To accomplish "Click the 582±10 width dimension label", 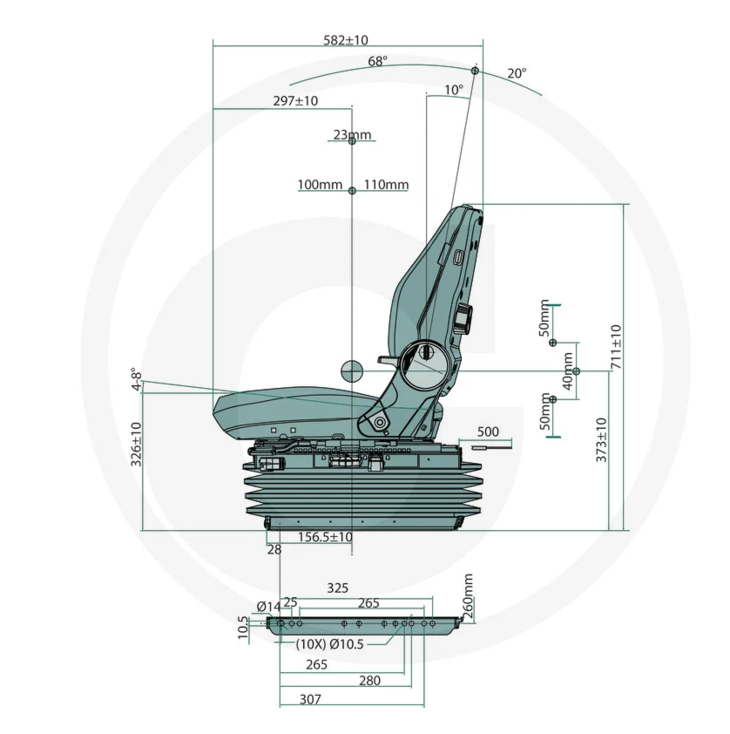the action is (x=346, y=40).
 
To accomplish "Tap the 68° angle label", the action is (x=377, y=61).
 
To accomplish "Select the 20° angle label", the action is (x=517, y=73).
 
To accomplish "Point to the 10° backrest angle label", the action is (x=454, y=90).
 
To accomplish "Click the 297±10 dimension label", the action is (x=295, y=100).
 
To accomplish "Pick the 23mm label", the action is (x=352, y=135).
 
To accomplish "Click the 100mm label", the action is (x=320, y=185).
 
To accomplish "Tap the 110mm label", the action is (x=386, y=185).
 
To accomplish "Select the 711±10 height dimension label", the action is (x=617, y=346).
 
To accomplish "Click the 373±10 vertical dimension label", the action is (x=601, y=440).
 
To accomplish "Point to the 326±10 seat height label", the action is (x=136, y=445).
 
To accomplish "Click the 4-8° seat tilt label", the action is (x=136, y=379).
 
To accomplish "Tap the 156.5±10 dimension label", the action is (x=325, y=536).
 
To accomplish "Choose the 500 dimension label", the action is (x=488, y=432).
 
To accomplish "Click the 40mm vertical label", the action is (x=567, y=370).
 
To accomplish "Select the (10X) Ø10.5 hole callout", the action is (x=329, y=644).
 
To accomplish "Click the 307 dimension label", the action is (x=310, y=699).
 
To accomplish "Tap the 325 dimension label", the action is (x=338, y=588).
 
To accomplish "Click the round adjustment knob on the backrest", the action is (x=464, y=316).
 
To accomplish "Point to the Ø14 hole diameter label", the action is (x=269, y=607).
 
